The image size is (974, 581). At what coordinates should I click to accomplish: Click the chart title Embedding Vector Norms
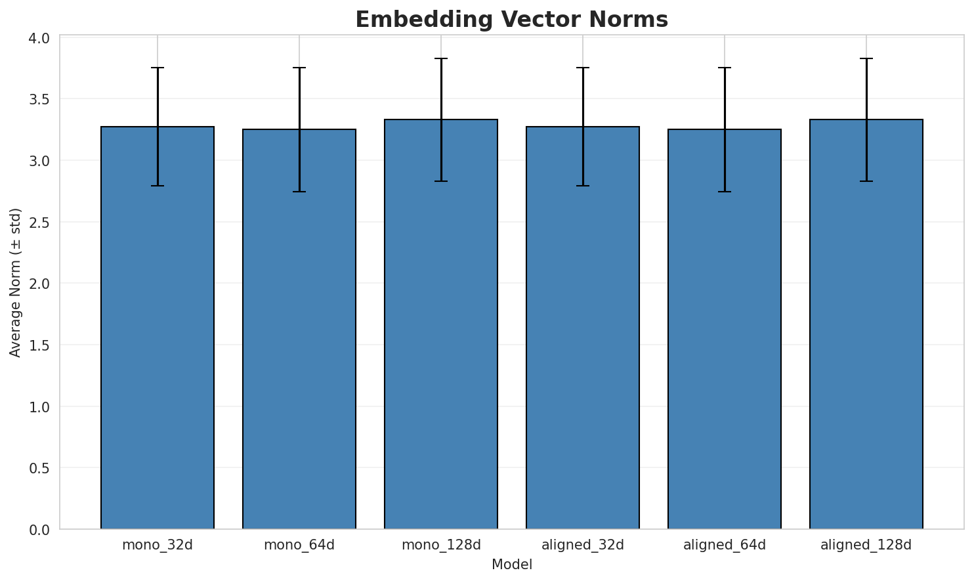pyautogui.click(x=511, y=20)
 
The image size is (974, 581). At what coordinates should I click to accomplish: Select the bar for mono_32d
pyautogui.click(x=158, y=328)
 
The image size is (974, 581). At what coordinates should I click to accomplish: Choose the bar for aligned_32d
pyautogui.click(x=583, y=328)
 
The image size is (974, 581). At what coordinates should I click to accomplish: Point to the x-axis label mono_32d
pyautogui.click(x=158, y=545)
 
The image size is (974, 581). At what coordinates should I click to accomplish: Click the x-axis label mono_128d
pyautogui.click(x=441, y=545)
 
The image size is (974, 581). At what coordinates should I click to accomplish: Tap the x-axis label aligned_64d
pyautogui.click(x=725, y=545)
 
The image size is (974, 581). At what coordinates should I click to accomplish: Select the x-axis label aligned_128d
pyautogui.click(x=866, y=545)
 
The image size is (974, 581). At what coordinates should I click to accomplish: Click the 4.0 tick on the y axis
pyautogui.click(x=41, y=38)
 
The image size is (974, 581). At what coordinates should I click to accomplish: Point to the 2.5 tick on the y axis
pyautogui.click(x=41, y=223)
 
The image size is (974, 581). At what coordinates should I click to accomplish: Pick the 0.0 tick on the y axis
pyautogui.click(x=41, y=530)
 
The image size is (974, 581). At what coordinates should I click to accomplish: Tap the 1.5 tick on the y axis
pyautogui.click(x=41, y=345)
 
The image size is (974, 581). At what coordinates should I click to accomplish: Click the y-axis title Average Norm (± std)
pyautogui.click(x=16, y=282)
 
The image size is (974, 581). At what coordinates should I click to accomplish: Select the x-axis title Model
pyautogui.click(x=511, y=565)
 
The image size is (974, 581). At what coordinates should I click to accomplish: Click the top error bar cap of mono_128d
pyautogui.click(x=441, y=58)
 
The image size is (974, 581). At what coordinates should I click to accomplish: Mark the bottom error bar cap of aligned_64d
pyautogui.click(x=725, y=192)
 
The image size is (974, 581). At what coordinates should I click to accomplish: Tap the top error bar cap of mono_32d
pyautogui.click(x=158, y=68)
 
